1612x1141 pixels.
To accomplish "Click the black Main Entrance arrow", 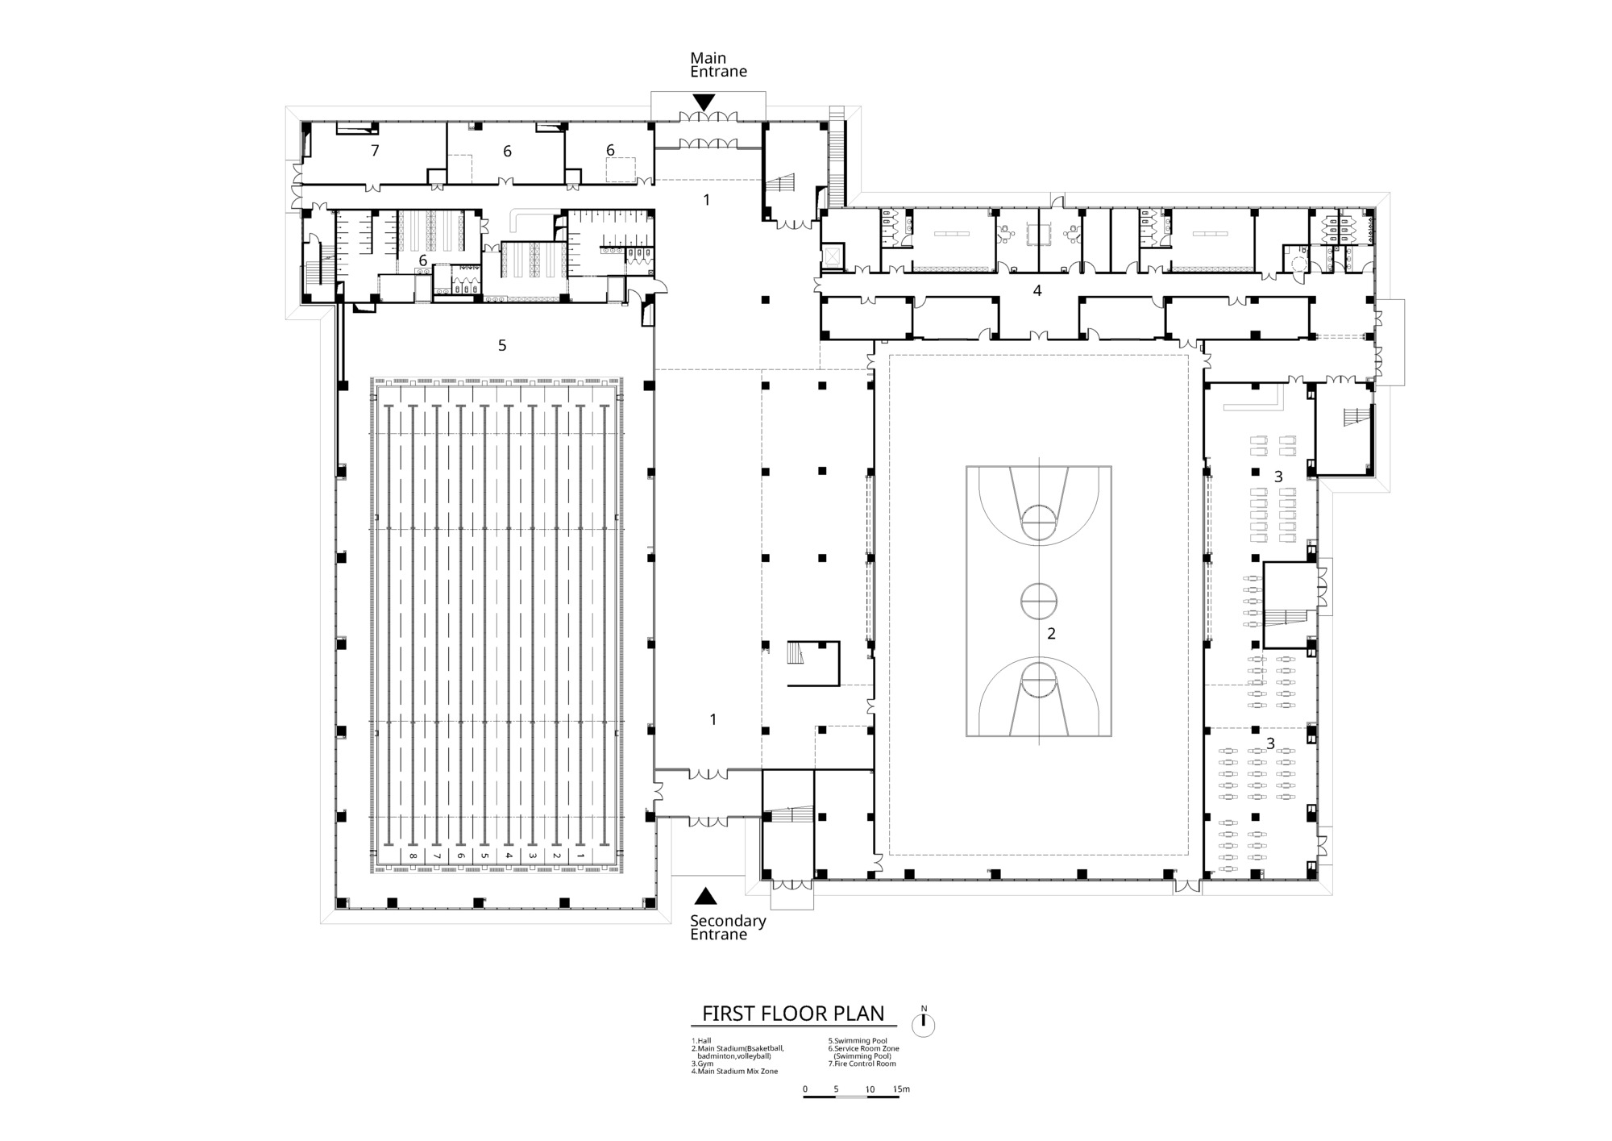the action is point(704,102).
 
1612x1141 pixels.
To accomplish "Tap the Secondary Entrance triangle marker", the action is point(706,895).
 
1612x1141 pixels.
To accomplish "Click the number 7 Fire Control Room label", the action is point(375,150).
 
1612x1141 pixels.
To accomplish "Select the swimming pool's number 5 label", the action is point(502,345).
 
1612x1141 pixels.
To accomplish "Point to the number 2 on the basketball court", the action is point(1051,634).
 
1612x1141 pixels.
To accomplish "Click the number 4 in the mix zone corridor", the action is point(1037,290).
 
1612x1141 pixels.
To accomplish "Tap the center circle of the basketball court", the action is point(1039,601).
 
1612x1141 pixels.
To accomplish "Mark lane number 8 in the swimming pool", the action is point(413,855).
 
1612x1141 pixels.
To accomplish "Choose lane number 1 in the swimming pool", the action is point(580,855).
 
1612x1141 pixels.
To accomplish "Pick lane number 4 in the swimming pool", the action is point(509,855).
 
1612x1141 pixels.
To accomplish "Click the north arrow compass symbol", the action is point(924,1023).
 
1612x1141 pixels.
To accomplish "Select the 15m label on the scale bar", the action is point(901,1089).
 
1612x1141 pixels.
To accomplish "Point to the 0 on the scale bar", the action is point(805,1089).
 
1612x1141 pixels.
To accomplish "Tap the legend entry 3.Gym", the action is point(702,1064).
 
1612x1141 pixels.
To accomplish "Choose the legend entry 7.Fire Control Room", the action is point(862,1064).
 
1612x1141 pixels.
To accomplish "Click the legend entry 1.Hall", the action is point(702,1041).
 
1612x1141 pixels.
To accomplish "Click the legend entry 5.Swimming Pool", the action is point(858,1041).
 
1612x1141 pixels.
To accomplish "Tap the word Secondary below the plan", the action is point(729,921).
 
